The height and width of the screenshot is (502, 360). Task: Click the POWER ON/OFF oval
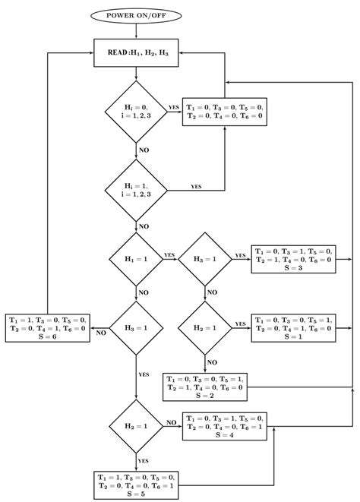[136, 14]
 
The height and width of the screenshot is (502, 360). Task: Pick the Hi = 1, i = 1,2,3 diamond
[136, 189]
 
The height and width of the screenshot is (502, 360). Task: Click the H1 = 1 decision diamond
[136, 259]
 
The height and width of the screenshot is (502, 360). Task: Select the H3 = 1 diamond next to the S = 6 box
[136, 328]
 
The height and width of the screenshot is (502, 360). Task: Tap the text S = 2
[205, 396]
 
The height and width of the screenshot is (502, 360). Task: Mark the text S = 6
[48, 337]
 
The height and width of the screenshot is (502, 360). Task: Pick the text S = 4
[226, 436]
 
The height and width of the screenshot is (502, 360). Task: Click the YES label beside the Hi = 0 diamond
[174, 107]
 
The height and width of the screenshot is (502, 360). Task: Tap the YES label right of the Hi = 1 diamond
[196, 185]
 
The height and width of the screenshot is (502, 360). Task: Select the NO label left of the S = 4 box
[172, 421]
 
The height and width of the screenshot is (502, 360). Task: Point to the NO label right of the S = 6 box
[99, 332]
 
